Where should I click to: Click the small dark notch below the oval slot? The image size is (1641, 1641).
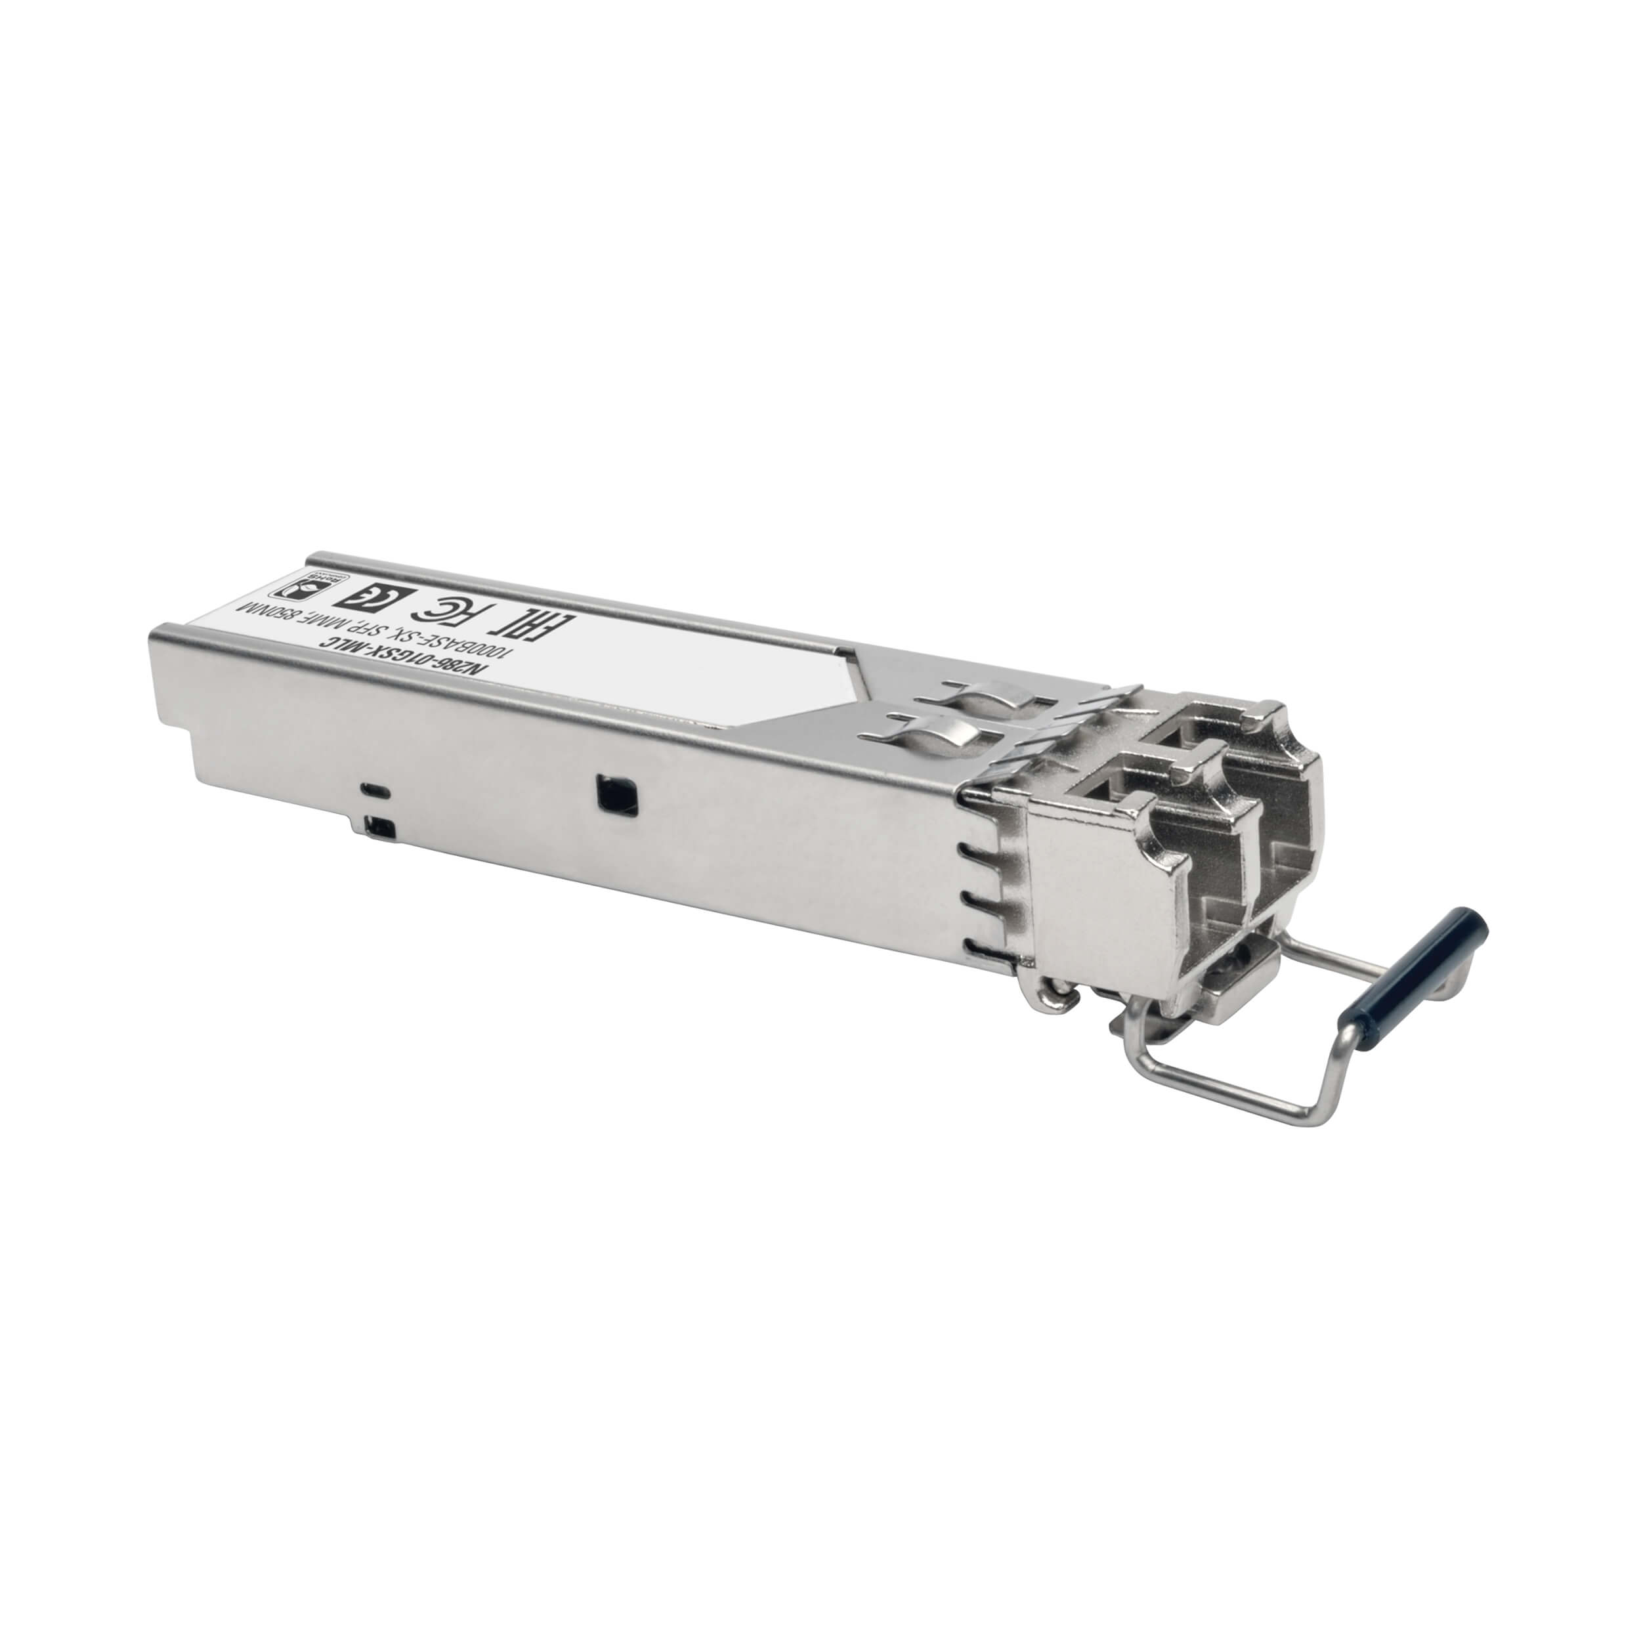pyautogui.click(x=375, y=822)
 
